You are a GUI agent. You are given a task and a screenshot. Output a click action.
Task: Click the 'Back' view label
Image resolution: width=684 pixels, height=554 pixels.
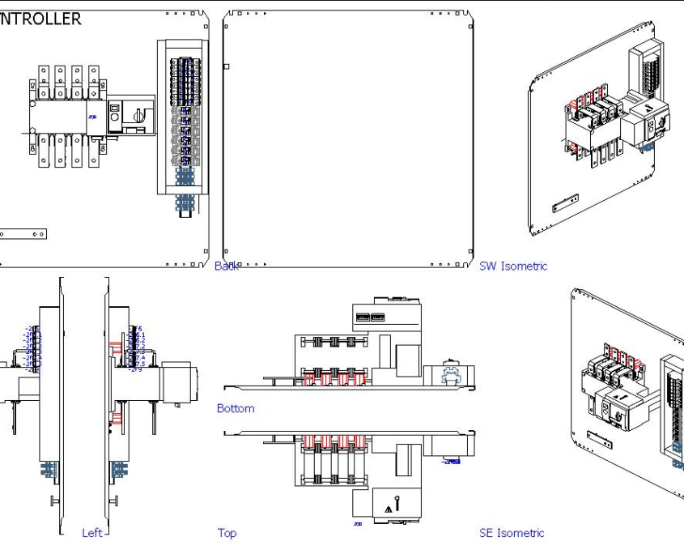pos(227,266)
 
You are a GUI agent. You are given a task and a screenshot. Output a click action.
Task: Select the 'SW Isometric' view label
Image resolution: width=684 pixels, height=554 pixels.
pos(513,266)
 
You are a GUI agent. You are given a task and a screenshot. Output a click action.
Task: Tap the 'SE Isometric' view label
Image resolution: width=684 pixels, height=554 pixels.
pos(512,532)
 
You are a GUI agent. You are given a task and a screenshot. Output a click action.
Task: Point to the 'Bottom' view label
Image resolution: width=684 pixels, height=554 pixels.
pos(236,408)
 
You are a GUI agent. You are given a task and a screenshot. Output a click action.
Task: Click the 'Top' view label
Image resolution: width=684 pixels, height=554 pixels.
pos(227,532)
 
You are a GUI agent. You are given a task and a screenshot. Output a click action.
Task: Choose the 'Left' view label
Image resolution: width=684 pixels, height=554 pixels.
pos(92,532)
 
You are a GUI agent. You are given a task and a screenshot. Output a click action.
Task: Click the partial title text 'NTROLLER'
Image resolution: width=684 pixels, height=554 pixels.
pos(40,19)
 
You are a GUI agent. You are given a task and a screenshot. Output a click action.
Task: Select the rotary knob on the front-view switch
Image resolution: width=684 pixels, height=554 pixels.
pos(138,115)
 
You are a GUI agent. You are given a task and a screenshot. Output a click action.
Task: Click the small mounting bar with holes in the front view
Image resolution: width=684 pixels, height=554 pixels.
pos(23,233)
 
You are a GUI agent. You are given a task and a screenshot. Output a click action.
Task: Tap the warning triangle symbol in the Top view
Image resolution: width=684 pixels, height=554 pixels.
pos(389,509)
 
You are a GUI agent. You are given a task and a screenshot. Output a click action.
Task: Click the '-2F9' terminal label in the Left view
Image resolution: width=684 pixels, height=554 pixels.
pos(135,369)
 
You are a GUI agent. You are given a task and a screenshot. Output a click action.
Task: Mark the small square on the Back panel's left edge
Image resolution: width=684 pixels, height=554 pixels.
pos(226,66)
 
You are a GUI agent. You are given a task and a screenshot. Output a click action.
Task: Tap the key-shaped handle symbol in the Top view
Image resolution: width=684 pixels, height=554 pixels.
pos(397,502)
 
